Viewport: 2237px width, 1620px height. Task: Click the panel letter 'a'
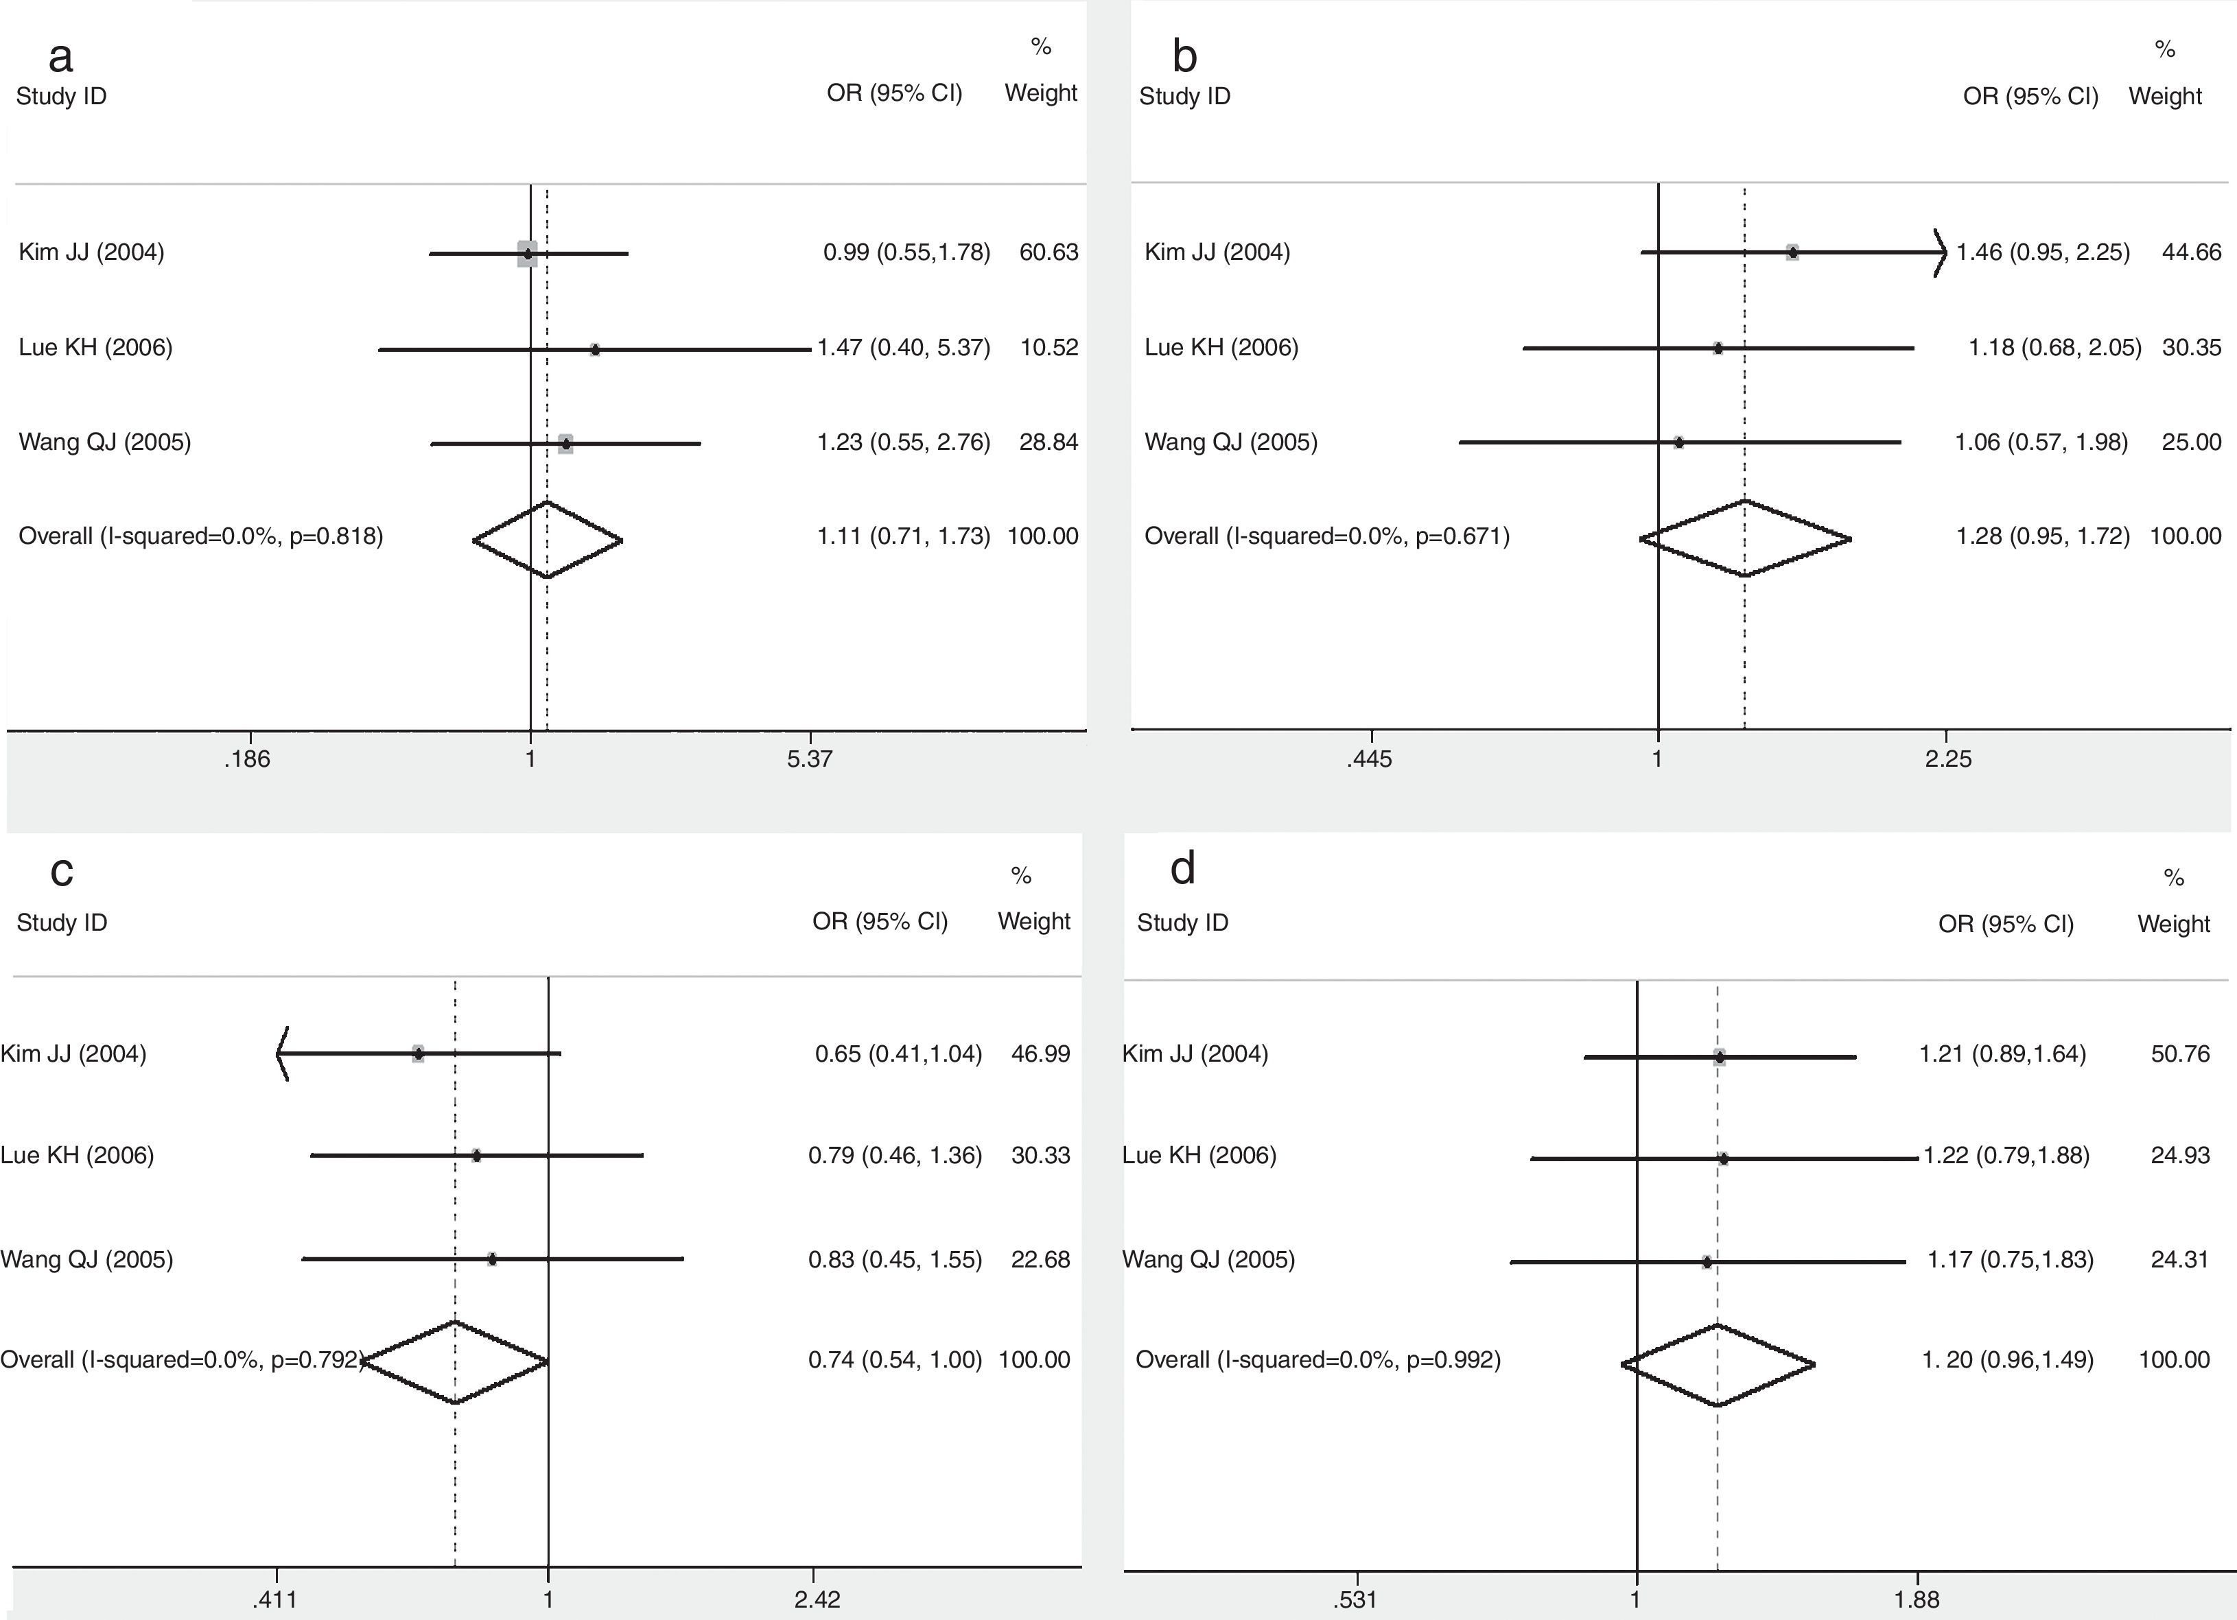tap(60, 57)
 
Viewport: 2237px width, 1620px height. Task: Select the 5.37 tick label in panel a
tap(810, 759)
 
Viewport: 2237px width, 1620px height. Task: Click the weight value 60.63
tap(1049, 252)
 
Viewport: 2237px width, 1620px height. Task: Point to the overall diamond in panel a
tap(548, 539)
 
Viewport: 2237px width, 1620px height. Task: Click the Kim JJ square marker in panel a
tap(528, 254)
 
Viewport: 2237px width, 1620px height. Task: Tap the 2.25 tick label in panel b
tap(1948, 759)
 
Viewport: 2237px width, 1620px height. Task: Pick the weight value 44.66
tap(2192, 252)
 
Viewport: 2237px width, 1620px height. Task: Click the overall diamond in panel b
tap(1745, 538)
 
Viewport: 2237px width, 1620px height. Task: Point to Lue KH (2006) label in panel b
tap(1221, 347)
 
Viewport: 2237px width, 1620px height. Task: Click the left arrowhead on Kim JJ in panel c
tap(282, 1053)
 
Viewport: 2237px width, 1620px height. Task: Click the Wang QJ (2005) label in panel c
tap(86, 1259)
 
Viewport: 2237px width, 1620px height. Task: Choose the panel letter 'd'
tap(1182, 869)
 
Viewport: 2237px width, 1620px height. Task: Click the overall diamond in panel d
tap(1717, 1365)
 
